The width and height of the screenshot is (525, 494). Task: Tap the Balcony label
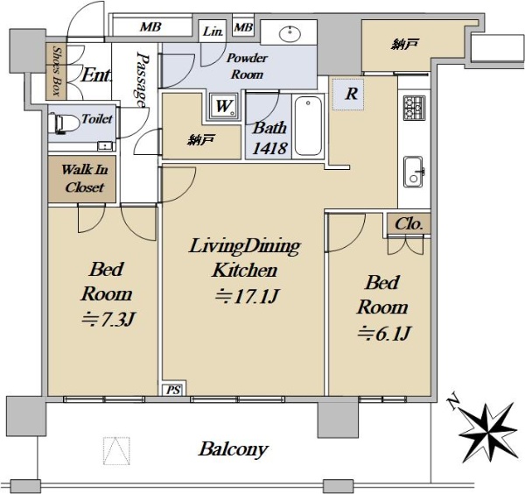pyautogui.click(x=234, y=449)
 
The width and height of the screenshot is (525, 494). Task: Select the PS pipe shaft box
pyautogui.click(x=173, y=390)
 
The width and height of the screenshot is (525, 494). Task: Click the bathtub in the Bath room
pyautogui.click(x=308, y=126)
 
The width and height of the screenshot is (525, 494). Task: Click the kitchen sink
pyautogui.click(x=414, y=172)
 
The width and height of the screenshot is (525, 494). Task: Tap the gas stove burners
pyautogui.click(x=414, y=108)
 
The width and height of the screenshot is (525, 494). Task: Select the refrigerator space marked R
pyautogui.click(x=348, y=95)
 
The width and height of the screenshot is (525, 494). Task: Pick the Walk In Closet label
pyautogui.click(x=85, y=179)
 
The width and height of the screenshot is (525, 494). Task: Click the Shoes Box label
pyautogui.click(x=57, y=72)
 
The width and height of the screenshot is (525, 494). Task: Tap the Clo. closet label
pyautogui.click(x=409, y=224)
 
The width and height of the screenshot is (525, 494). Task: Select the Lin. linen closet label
pyautogui.click(x=213, y=32)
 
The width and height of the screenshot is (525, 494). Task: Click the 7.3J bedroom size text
pyautogui.click(x=108, y=319)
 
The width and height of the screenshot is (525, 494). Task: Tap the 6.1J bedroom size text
pyautogui.click(x=384, y=334)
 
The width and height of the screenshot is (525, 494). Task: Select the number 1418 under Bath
pyautogui.click(x=269, y=148)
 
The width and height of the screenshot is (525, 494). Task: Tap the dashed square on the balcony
pyautogui.click(x=116, y=451)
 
